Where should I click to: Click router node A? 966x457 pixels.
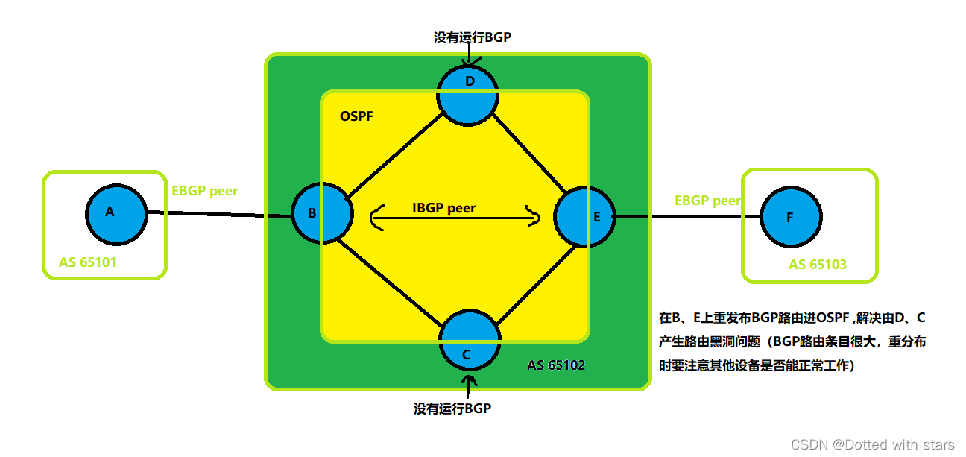click(x=116, y=213)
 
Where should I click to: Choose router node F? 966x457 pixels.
click(x=792, y=218)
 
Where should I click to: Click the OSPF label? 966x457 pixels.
click(x=356, y=116)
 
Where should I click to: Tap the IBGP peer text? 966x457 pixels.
click(x=443, y=208)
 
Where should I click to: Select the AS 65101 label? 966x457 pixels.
click(x=87, y=262)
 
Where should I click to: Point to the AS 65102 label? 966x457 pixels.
click(x=556, y=365)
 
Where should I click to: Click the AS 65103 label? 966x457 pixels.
click(x=818, y=265)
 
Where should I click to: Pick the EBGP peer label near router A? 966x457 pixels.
click(x=205, y=191)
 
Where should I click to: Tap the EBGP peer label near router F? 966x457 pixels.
click(x=707, y=201)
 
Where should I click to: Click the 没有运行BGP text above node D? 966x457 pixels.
click(x=473, y=37)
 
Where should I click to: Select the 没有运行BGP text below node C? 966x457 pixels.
click(x=452, y=409)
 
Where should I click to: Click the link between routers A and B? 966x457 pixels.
click(x=216, y=215)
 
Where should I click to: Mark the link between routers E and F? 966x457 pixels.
click(x=686, y=217)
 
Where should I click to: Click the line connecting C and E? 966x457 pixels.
click(x=537, y=287)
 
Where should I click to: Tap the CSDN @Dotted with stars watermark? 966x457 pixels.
click(x=872, y=444)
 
